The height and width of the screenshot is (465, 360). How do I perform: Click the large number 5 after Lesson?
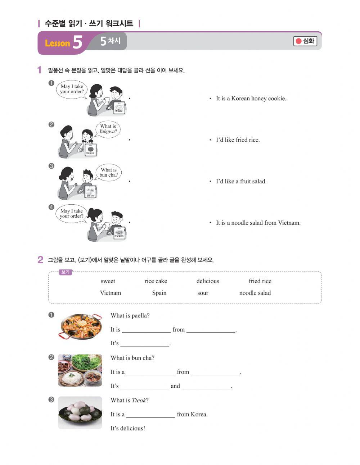[x=77, y=42]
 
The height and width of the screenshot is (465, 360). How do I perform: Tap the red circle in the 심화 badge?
[x=298, y=41]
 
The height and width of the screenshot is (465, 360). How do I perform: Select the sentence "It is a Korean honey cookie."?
[x=251, y=99]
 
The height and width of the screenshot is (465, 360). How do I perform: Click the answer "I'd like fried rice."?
[x=238, y=140]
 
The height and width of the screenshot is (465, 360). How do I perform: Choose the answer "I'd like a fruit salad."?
[x=241, y=181]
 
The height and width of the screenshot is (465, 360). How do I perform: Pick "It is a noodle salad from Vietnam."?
[x=258, y=223]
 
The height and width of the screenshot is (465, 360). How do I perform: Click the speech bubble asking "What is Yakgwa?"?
[x=108, y=129]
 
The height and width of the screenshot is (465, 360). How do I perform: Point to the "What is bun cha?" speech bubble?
[x=108, y=172]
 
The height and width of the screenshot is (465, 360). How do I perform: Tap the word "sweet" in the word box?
[x=108, y=281]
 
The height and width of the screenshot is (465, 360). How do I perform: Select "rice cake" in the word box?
[x=156, y=281]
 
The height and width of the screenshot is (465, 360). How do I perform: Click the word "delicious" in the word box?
[x=208, y=281]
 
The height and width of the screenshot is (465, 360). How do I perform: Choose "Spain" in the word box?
[x=159, y=293]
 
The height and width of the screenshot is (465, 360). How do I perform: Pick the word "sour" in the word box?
[x=203, y=293]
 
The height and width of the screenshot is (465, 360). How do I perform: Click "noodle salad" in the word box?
[x=255, y=293]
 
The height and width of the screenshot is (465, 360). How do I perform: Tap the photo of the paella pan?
[x=80, y=326]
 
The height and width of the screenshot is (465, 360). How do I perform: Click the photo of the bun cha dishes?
[x=80, y=370]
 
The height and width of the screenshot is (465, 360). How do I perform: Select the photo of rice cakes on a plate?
[x=80, y=412]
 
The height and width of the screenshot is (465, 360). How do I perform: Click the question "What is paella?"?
[x=130, y=316]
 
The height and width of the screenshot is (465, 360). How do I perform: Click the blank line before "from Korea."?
[x=150, y=415]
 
